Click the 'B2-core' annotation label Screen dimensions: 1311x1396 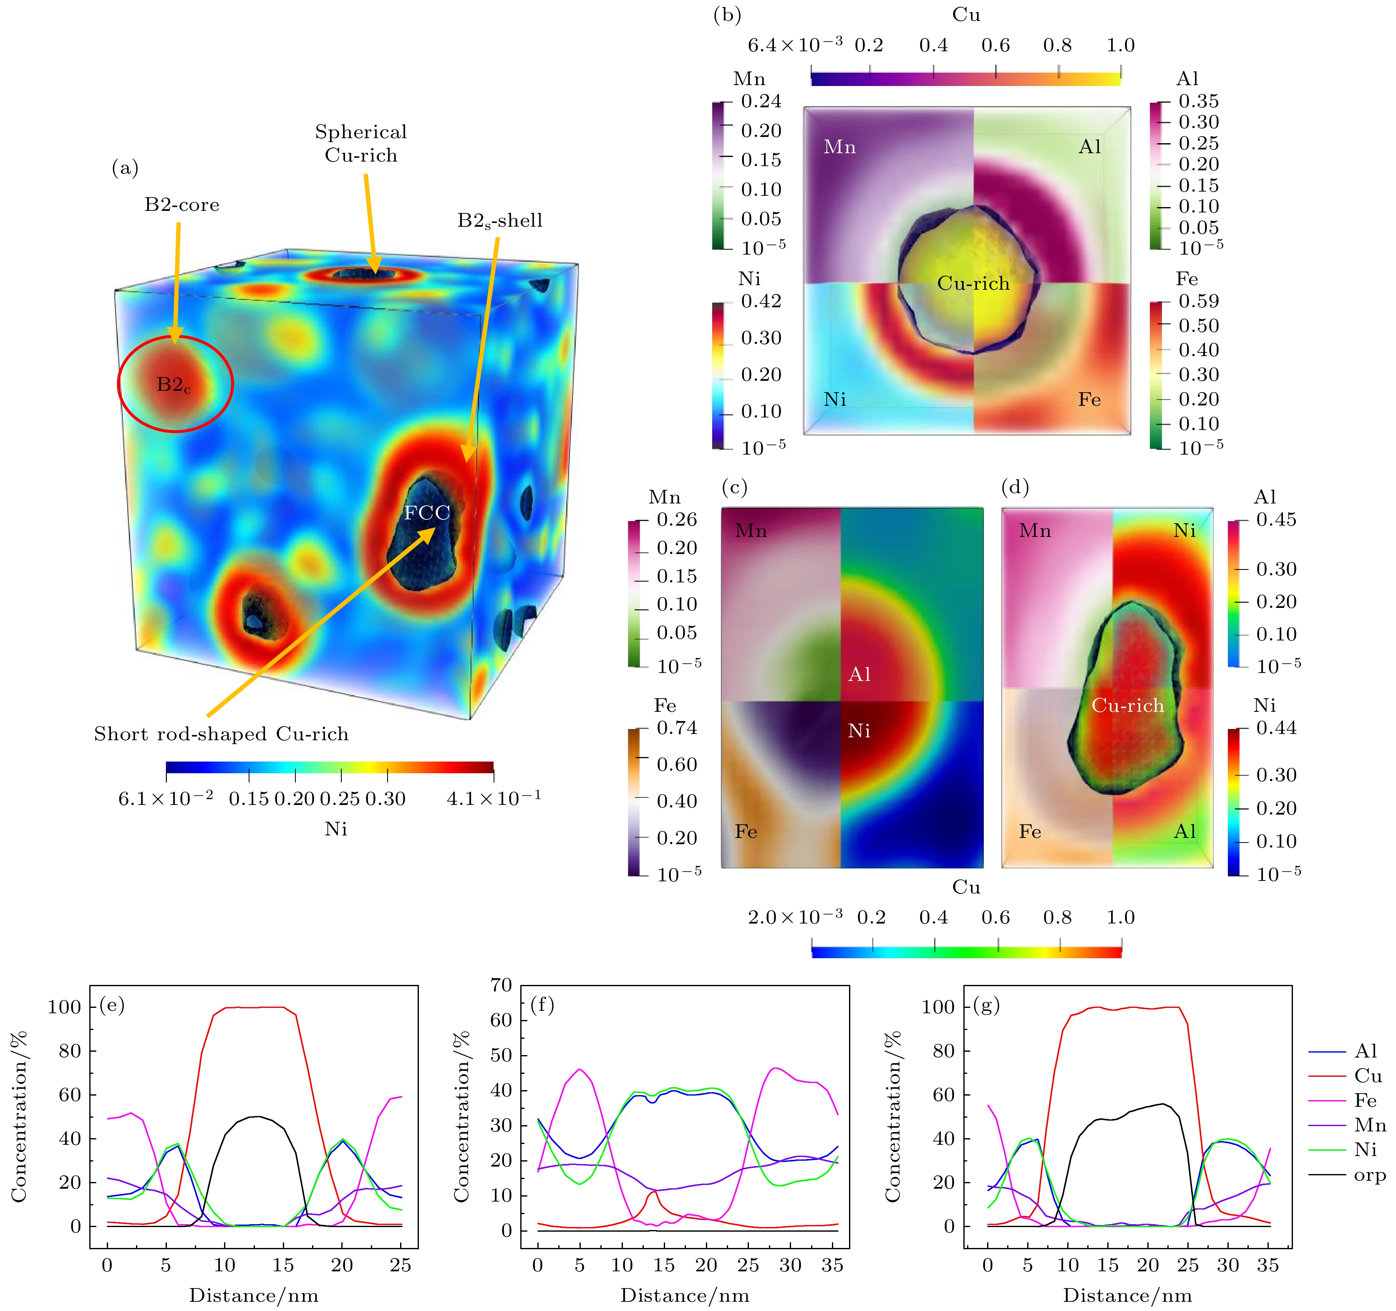(x=182, y=205)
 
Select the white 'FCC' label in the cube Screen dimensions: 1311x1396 (x=427, y=513)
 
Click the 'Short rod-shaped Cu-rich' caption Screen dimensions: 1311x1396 (x=221, y=734)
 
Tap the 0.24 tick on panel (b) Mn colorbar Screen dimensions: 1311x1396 (x=761, y=101)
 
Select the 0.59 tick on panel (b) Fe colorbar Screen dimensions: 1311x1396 (x=1199, y=301)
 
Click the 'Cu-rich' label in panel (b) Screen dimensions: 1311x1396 (x=973, y=284)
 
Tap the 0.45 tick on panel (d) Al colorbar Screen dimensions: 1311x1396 (x=1276, y=520)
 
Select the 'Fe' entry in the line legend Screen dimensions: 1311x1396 (x=1365, y=1100)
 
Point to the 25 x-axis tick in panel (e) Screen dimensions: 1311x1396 (x=400, y=1265)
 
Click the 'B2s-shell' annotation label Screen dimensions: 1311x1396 (x=500, y=220)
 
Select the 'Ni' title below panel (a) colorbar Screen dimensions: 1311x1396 (x=336, y=829)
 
